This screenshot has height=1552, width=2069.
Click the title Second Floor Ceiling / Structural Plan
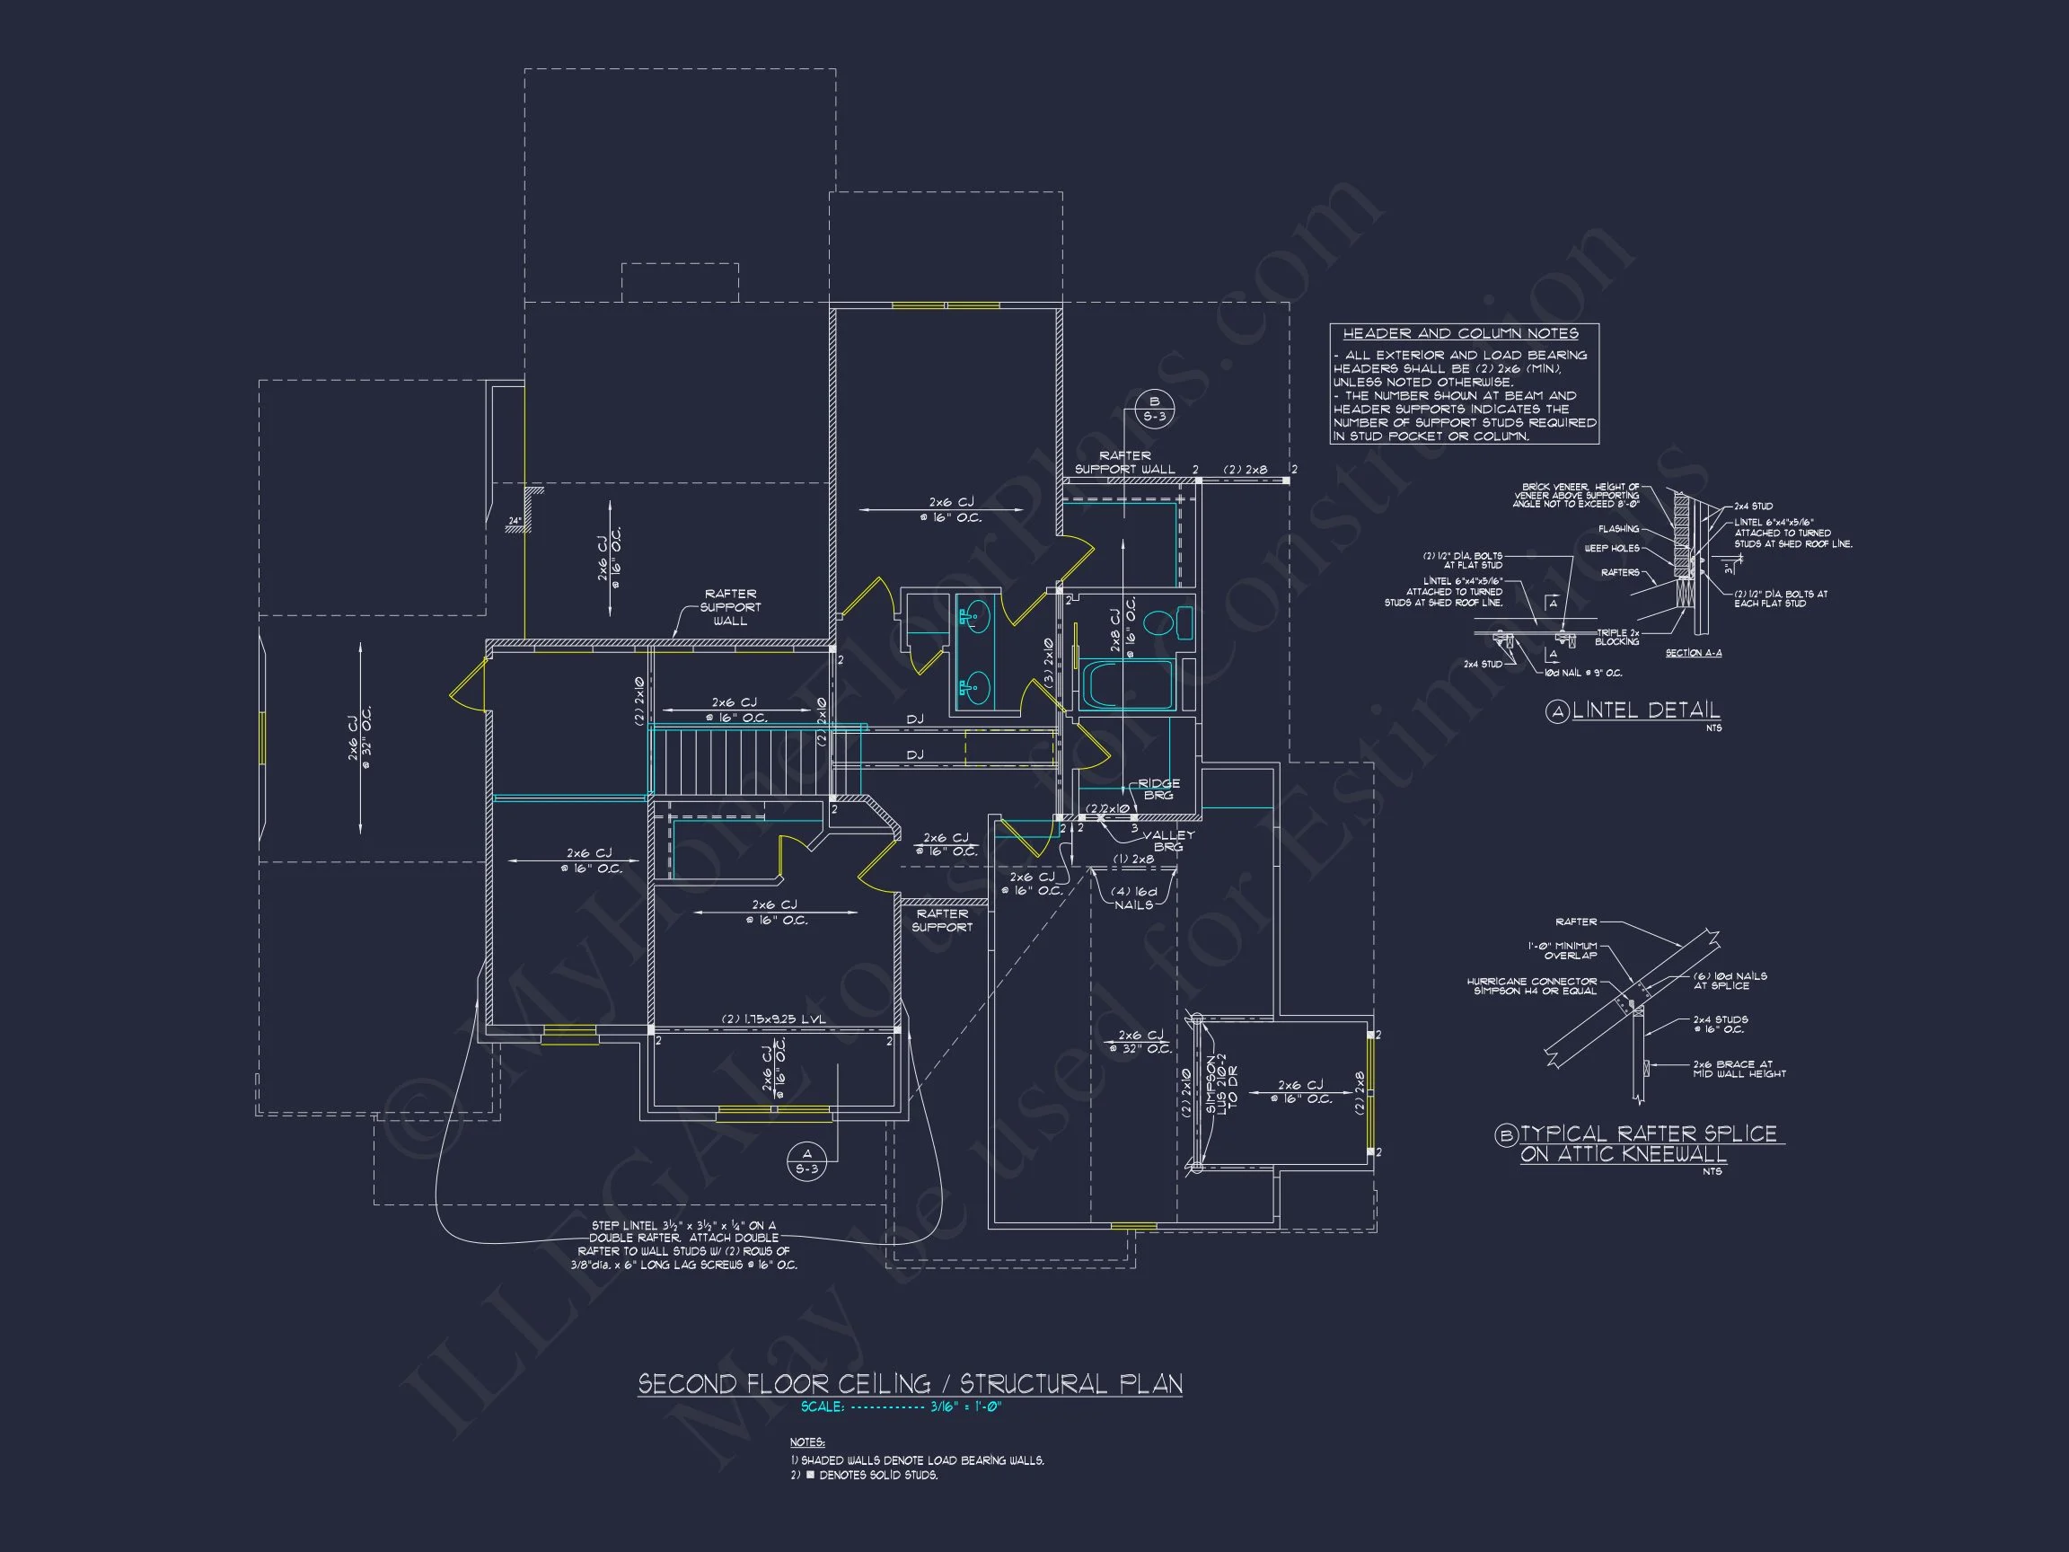click(x=909, y=1384)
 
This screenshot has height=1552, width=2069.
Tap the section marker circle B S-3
click(x=1154, y=409)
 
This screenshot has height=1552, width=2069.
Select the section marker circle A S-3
click(x=806, y=1161)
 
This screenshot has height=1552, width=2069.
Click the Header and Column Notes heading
click(x=1460, y=334)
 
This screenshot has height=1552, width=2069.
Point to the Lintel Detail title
click(x=1645, y=711)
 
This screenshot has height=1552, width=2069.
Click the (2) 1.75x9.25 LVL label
click(x=772, y=1018)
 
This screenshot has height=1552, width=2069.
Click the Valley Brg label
click(x=1167, y=840)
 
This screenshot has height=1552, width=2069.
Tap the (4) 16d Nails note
click(x=1133, y=898)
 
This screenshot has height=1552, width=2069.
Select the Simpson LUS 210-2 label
click(x=1220, y=1085)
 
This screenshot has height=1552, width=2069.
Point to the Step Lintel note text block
click(x=683, y=1244)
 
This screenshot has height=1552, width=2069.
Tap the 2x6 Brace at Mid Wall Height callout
click(x=1739, y=1068)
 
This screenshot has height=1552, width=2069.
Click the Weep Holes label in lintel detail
click(x=1611, y=548)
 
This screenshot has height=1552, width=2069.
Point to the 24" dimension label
click(x=514, y=521)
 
